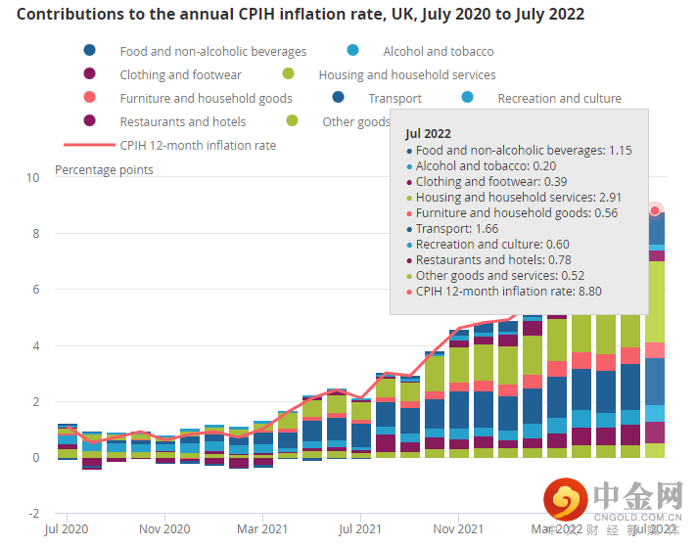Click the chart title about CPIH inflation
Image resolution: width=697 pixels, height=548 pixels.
click(301, 15)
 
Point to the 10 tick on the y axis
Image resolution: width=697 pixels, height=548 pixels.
click(33, 178)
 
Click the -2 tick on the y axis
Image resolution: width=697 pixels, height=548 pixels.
click(32, 514)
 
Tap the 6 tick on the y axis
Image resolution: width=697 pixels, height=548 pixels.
click(34, 290)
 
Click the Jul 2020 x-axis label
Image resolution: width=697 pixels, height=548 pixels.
click(67, 529)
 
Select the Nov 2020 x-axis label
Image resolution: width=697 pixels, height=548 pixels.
click(164, 529)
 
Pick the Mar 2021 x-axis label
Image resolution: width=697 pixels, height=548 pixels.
click(262, 529)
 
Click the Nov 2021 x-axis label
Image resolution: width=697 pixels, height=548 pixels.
click(458, 529)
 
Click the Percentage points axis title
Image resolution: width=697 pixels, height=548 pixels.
click(104, 170)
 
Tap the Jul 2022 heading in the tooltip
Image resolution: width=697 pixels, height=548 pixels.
click(428, 133)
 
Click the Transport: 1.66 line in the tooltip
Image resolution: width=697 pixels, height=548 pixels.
click(456, 228)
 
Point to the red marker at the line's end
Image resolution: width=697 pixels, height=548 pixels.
click(656, 210)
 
